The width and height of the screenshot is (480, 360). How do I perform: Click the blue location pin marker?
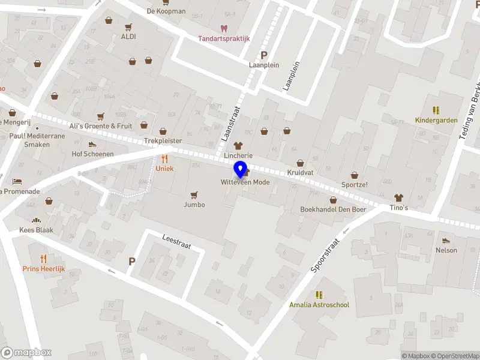241,170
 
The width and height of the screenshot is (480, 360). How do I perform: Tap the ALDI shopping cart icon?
128,27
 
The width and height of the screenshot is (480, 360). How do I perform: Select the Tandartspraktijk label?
224,39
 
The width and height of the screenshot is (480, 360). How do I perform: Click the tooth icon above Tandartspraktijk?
224,28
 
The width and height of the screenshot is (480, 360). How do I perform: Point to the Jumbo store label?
194,205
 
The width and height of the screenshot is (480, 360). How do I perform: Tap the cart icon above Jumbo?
194,195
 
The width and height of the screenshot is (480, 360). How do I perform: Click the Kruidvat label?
301,172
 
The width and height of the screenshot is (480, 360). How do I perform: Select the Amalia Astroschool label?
319,305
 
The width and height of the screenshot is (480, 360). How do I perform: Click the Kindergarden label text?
436,120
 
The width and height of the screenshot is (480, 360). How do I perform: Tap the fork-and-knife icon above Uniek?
164,159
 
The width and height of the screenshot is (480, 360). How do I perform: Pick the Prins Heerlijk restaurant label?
43,269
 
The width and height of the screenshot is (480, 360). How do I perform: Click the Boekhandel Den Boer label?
333,209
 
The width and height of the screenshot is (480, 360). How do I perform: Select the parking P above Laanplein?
263,55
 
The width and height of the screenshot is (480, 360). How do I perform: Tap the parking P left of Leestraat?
132,262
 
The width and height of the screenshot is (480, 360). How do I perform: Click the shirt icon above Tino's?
398,197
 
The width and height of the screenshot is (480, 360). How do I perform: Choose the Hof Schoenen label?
92,154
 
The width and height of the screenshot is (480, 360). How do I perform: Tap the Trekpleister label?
163,141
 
